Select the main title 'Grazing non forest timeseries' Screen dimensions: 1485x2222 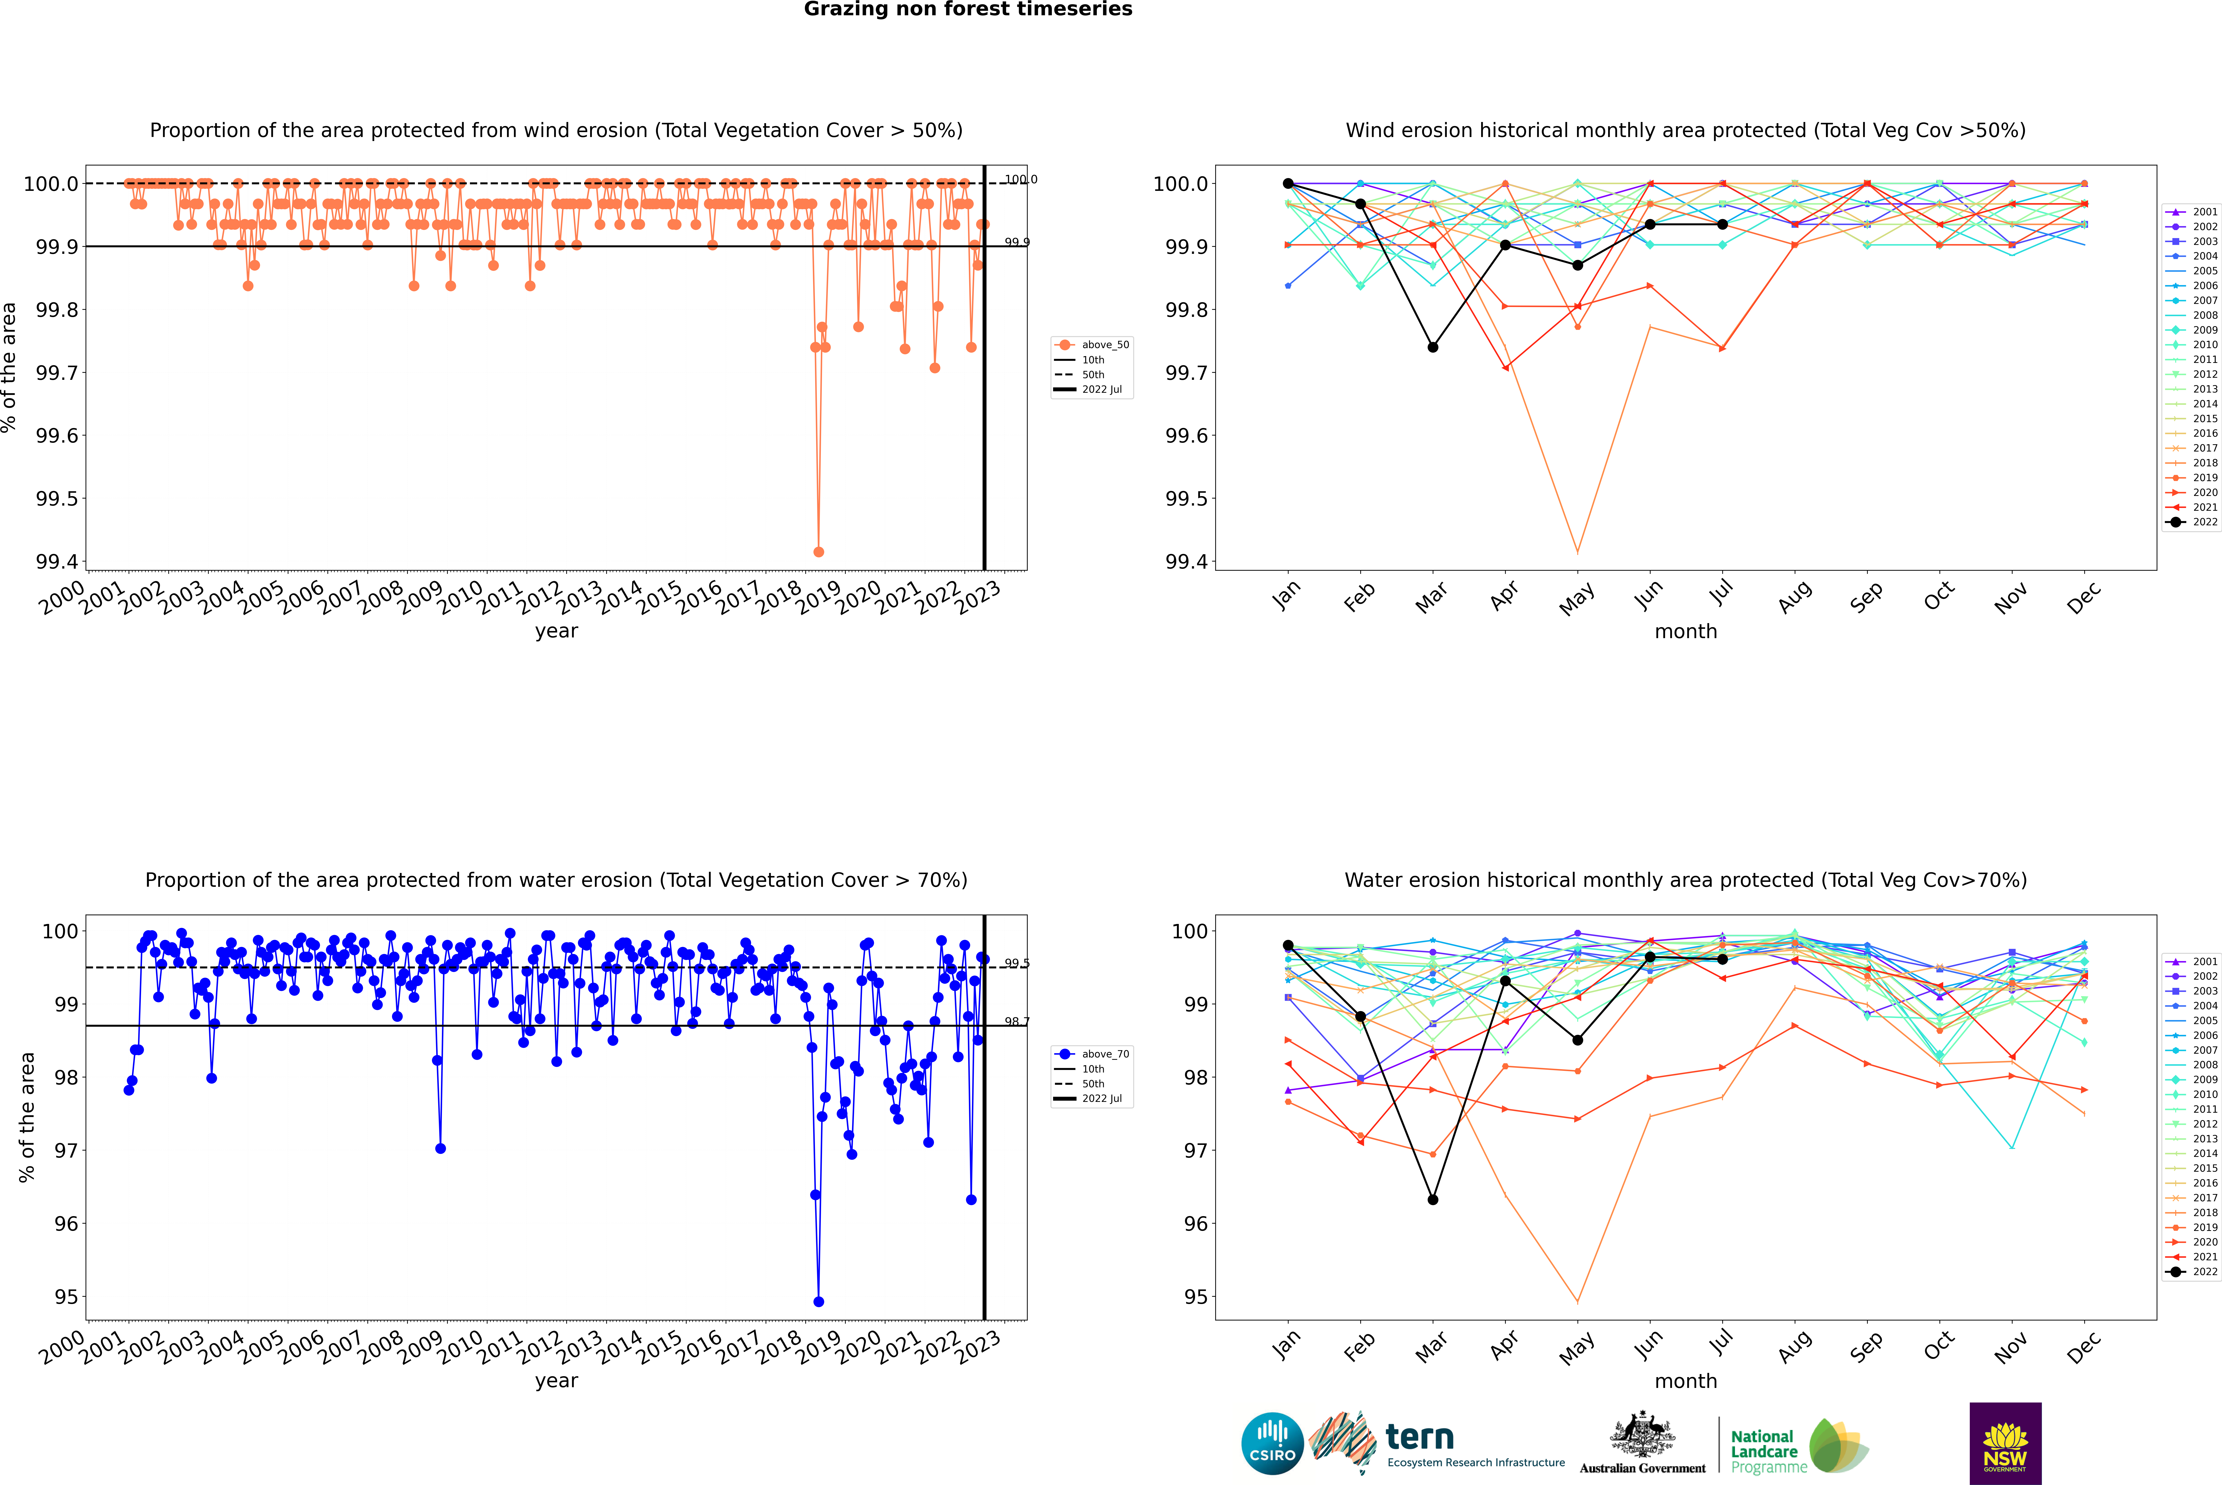click(968, 9)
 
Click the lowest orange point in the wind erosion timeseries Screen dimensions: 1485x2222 click(818, 551)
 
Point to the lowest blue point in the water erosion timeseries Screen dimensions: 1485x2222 click(818, 1301)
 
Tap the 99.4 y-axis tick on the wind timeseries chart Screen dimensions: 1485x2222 click(57, 562)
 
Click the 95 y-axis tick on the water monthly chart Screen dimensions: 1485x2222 click(1195, 1296)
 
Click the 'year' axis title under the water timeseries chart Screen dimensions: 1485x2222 click(556, 1381)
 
